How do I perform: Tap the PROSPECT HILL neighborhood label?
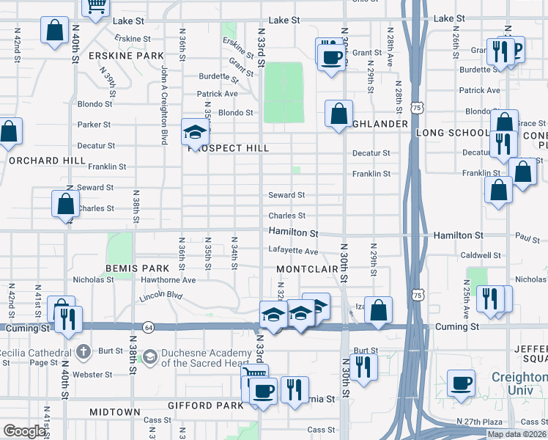click(229, 148)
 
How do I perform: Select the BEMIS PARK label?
click(133, 269)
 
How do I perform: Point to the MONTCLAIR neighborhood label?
click(308, 269)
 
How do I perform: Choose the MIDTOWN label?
click(115, 412)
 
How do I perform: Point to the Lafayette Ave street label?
click(293, 251)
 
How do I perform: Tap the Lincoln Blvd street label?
click(160, 296)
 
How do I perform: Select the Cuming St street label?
click(456, 326)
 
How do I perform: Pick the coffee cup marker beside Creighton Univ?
click(462, 383)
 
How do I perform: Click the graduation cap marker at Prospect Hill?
click(196, 132)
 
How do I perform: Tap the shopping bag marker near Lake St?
click(55, 31)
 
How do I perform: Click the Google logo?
click(24, 431)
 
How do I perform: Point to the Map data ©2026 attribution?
click(516, 433)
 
